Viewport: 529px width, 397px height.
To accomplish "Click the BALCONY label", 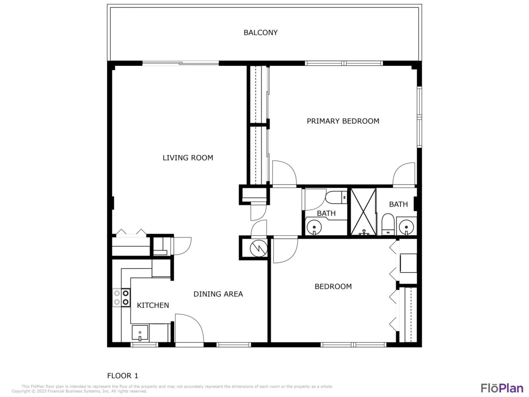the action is pos(260,33).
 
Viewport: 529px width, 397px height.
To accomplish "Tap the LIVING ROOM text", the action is pos(188,158).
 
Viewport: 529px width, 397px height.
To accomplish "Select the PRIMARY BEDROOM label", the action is pos(343,121).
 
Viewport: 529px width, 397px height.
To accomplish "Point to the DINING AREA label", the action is pos(218,294).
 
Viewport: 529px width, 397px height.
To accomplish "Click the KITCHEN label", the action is pos(153,305).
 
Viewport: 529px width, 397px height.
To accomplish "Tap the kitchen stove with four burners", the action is pos(121,298).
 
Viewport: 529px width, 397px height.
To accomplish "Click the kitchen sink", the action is pos(140,333).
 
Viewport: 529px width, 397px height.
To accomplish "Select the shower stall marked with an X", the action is pos(363,212).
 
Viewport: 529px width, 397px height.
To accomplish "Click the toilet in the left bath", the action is pos(336,197).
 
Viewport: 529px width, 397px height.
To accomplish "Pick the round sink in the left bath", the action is pos(314,227).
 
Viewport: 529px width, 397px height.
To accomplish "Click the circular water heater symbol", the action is pos(259,249).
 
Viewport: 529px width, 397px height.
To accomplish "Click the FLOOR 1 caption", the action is pos(123,376).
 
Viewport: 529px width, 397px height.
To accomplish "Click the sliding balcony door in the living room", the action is pos(181,64).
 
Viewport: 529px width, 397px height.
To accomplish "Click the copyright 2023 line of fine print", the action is pos(79,391).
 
